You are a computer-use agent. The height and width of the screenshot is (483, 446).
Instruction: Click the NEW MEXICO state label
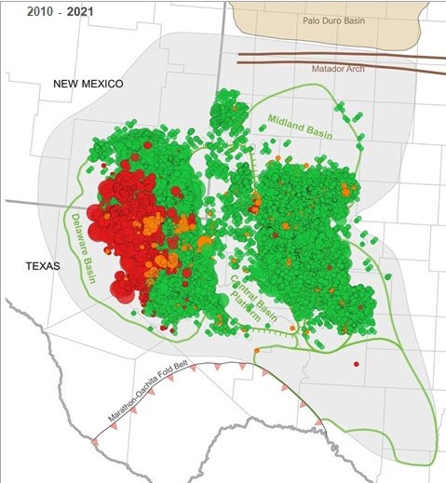88,84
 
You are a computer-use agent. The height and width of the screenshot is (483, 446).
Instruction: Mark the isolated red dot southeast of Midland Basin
356,364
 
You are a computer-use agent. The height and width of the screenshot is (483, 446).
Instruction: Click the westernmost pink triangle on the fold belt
94,442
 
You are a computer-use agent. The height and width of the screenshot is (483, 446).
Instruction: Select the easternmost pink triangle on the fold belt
319,423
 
